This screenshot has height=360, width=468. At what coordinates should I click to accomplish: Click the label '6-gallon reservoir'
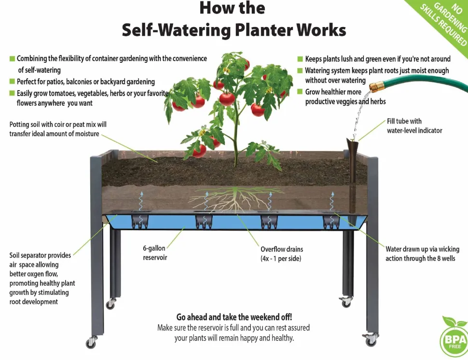pos(154,253)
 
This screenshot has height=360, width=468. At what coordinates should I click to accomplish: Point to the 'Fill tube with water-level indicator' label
pos(414,125)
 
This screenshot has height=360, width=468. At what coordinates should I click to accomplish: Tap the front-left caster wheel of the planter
pos(91,343)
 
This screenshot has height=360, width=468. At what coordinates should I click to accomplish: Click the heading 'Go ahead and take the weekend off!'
pos(234,317)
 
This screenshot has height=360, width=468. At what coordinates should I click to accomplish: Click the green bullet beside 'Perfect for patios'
pos(12,81)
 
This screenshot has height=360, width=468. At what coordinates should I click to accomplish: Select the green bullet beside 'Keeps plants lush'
pos(300,59)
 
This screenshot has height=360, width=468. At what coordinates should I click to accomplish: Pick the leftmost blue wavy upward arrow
pos(141,202)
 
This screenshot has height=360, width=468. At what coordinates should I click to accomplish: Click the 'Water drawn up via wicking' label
pos(422,254)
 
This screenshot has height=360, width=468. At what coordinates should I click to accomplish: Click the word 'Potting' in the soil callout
pos(19,125)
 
